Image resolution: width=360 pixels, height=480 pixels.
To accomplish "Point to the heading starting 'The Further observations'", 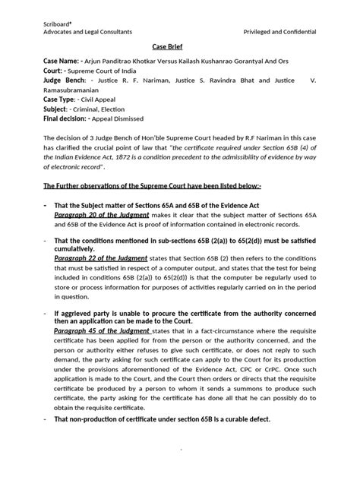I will (153, 185).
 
